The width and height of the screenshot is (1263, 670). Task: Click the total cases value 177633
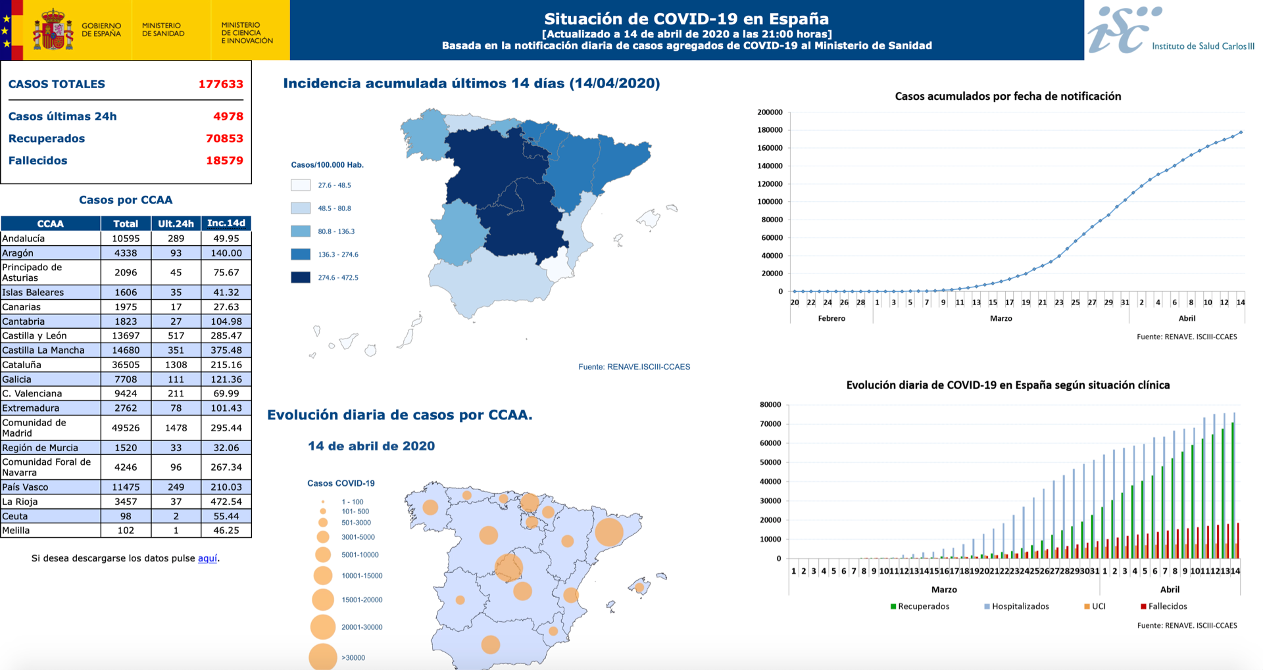pos(220,84)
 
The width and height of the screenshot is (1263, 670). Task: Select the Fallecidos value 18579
pos(224,160)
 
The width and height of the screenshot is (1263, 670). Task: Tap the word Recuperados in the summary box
pos(47,139)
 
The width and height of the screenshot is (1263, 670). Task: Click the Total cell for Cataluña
pos(126,365)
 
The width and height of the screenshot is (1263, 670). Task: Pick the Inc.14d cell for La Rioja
pos(226,502)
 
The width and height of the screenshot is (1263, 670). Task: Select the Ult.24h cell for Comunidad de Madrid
pos(176,428)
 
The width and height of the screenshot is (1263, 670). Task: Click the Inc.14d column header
pos(226,224)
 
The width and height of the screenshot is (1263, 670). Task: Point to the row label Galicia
pos(17,379)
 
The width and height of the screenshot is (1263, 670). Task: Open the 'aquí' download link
pos(207,558)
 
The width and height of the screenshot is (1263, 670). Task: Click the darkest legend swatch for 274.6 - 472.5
pos(301,277)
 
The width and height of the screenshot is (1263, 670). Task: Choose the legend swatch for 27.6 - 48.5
pos(301,185)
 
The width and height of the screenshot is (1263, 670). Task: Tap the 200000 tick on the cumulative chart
pos(770,112)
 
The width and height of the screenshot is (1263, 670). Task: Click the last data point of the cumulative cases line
pos(1241,132)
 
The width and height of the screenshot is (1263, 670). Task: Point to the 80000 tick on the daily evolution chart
pos(770,405)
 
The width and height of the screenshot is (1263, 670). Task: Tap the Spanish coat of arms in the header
pos(53,30)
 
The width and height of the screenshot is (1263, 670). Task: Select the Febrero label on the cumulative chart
pos(831,318)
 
